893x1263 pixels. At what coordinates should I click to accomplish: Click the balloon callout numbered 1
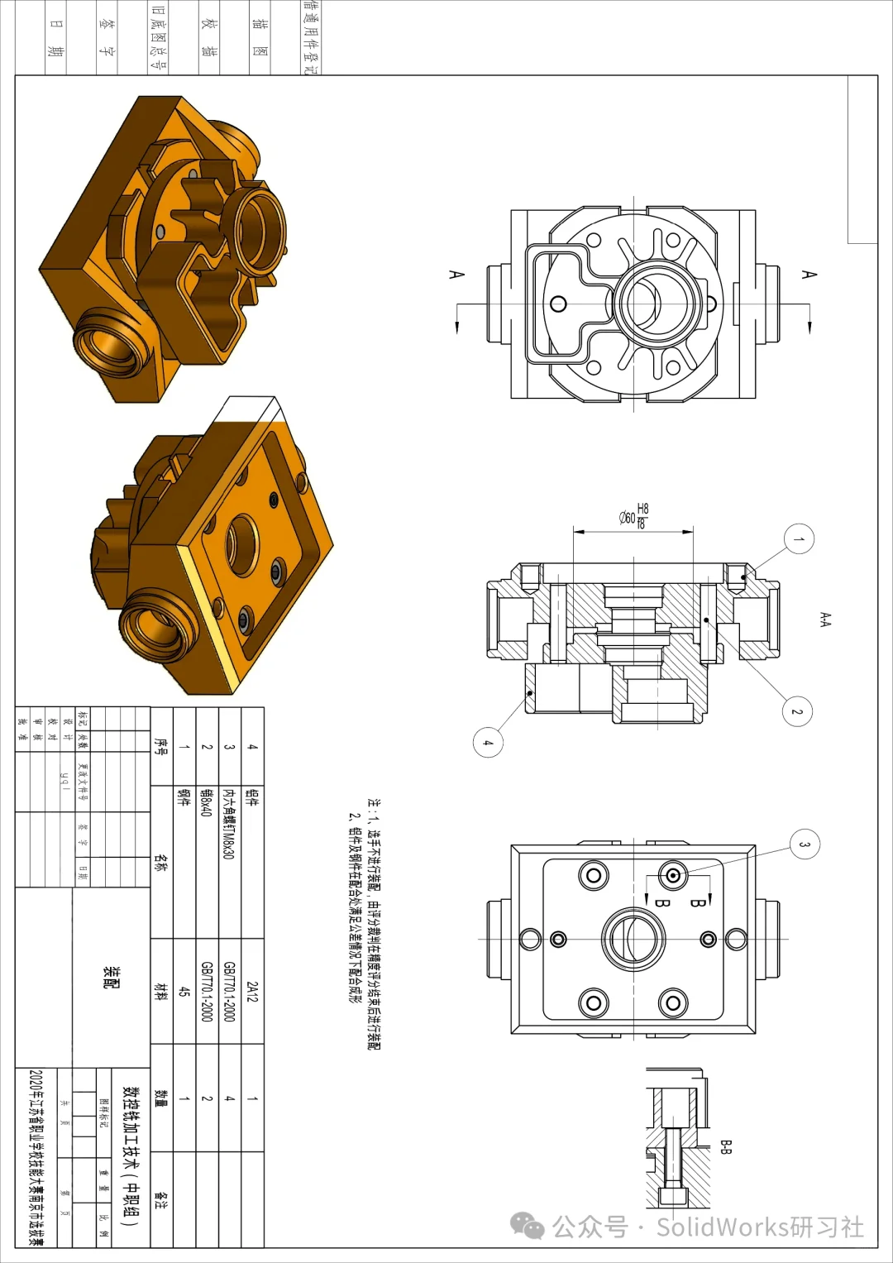(799, 539)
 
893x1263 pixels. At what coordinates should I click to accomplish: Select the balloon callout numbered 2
(797, 711)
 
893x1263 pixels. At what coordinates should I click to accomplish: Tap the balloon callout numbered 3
(804, 844)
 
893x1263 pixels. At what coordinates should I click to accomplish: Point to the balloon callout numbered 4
(488, 742)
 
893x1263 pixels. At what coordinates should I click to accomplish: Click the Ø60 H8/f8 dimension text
(634, 516)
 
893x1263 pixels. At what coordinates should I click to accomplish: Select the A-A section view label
(824, 620)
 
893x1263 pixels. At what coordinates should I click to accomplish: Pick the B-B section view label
(726, 1147)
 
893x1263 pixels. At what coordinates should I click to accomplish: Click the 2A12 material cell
(252, 992)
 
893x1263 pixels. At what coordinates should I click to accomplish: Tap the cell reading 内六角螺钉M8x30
(229, 824)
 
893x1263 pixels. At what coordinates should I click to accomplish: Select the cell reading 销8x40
(207, 802)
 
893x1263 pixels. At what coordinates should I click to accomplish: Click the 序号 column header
(161, 746)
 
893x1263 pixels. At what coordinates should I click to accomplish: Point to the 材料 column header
(161, 991)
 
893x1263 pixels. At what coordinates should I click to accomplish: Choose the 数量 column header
(161, 1098)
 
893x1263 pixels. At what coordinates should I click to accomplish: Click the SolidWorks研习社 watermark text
(760, 1227)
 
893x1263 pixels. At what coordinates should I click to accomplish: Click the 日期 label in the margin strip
(55, 37)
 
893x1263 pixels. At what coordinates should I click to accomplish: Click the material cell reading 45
(184, 992)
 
